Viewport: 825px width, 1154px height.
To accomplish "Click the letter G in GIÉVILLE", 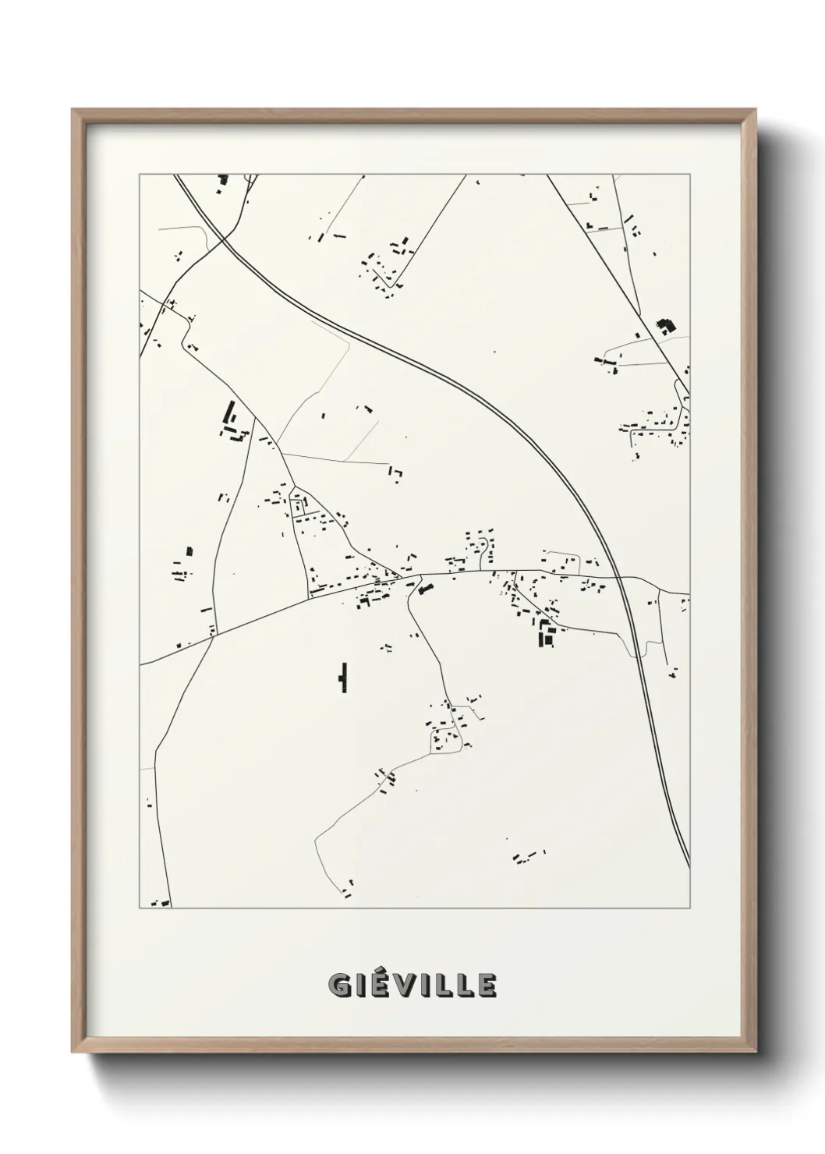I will (x=338, y=986).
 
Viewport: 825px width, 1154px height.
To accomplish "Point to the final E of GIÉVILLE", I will (x=486, y=986).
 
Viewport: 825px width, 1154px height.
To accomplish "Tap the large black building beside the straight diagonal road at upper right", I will (x=664, y=326).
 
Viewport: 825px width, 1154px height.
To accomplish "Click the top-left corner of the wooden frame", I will (x=73, y=110).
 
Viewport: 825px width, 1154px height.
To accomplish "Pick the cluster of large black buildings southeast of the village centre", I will (x=546, y=633).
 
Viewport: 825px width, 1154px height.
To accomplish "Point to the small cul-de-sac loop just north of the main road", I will (x=484, y=551).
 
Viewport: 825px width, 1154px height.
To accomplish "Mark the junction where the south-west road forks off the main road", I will (x=213, y=636).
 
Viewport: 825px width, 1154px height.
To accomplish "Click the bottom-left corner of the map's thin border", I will (x=140, y=908).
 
